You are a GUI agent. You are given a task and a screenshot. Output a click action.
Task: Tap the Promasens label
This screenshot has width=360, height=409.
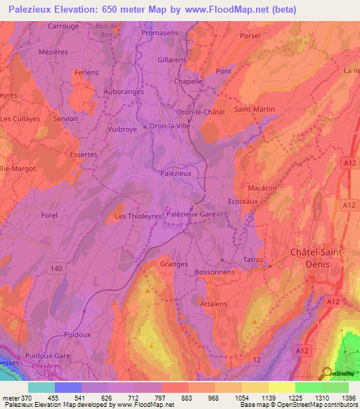click(x=160, y=33)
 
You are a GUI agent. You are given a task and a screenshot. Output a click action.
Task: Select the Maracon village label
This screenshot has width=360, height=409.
click(x=262, y=188)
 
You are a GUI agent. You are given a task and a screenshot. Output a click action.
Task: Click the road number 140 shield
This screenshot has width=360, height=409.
click(x=56, y=268)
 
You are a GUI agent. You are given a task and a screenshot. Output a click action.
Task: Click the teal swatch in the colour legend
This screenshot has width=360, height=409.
click(x=41, y=387)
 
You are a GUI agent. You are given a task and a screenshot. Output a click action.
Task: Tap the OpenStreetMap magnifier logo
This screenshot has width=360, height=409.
click(x=328, y=374)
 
